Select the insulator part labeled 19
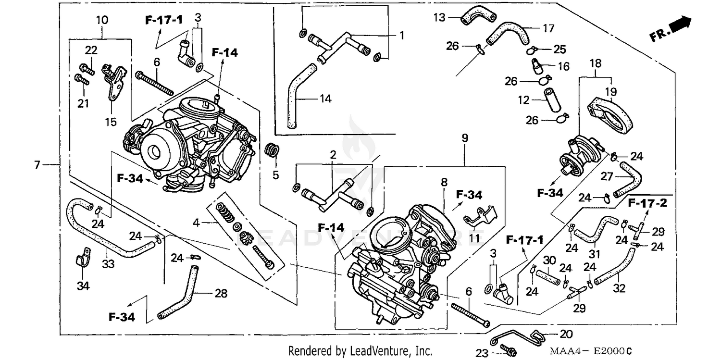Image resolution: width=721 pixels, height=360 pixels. coord(609,115)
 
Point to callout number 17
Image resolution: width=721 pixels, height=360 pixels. coord(548,28)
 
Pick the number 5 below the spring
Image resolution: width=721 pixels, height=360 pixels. coord(275,175)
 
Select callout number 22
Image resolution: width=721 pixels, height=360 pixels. coord(91,50)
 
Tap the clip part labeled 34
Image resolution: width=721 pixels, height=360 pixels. coord(83,258)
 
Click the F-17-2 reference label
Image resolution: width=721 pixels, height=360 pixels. coord(647,203)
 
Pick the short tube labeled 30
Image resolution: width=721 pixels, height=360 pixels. coord(548,278)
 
